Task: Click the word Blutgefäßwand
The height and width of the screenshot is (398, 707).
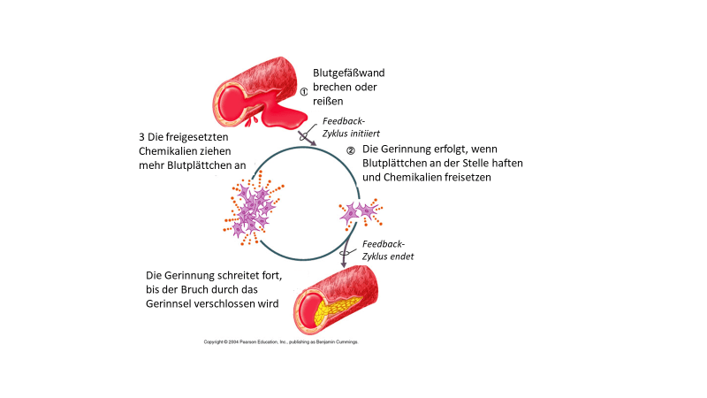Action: click(350, 73)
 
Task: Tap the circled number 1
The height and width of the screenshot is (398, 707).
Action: click(303, 91)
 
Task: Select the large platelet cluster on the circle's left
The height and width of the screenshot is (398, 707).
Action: click(254, 210)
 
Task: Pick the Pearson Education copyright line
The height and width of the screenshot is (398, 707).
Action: click(281, 341)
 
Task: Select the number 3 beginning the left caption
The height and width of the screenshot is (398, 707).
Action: click(133, 137)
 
